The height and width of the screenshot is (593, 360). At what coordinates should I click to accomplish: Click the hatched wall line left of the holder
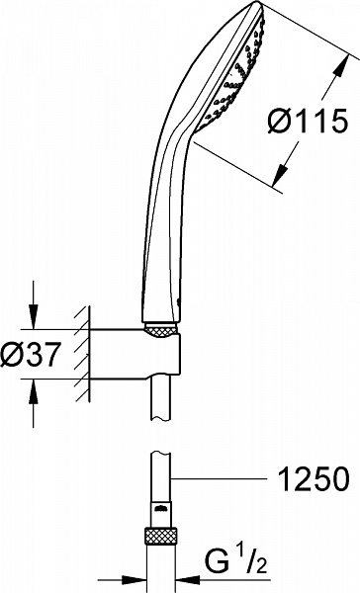click(85, 355)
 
